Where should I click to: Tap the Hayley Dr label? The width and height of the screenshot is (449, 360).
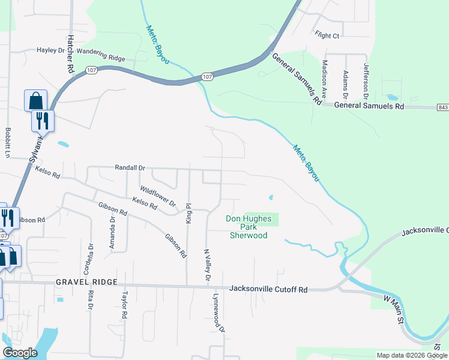coord(50,50)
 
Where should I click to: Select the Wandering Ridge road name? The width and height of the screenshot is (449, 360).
coord(105,58)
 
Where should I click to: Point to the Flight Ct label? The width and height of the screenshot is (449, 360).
coord(327,36)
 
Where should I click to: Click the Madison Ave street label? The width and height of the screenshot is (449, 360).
coord(324,79)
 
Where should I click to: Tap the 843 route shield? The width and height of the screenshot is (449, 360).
coord(443,107)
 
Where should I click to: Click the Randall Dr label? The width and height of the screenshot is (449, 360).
coord(130,168)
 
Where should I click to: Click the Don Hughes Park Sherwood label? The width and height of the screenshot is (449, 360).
coord(249,227)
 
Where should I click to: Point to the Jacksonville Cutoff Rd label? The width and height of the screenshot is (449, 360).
coord(268,290)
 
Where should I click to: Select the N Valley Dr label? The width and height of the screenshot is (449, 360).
coord(206,266)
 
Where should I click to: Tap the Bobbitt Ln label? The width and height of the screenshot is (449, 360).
coord(8,142)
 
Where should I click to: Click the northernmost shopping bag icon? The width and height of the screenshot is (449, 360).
coord(35,100)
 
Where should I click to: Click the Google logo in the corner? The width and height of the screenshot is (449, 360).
coord(20,353)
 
